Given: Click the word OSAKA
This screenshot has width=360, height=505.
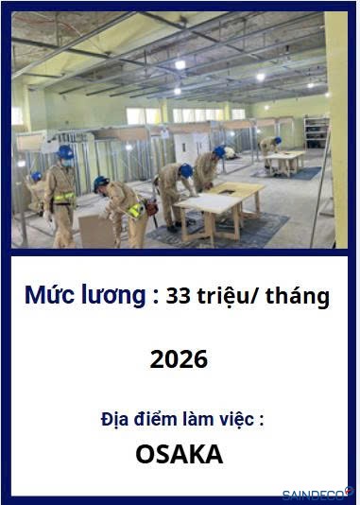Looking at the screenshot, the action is [180, 454].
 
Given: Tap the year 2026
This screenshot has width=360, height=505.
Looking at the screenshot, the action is [179, 359].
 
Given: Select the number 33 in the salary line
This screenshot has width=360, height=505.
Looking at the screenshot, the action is [178, 296].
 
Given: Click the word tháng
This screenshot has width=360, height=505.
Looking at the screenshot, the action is [298, 297].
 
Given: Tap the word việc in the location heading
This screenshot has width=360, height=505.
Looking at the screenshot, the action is [240, 419].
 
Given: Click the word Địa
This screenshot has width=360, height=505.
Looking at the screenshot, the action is [112, 419].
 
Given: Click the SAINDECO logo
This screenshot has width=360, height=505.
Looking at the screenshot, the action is [317, 494].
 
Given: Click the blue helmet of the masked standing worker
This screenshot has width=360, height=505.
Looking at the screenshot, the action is [65, 152].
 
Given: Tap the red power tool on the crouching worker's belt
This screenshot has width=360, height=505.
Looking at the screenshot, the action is [151, 206].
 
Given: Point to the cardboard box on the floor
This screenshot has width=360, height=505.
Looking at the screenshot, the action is [97, 231].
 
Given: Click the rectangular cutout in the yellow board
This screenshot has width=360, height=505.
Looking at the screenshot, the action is [228, 191].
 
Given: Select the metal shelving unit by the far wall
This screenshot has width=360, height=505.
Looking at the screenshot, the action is [317, 132].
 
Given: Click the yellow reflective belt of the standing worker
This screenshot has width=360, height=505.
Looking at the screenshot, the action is [63, 198].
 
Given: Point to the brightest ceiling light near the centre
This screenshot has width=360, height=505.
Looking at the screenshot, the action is [180, 64].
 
